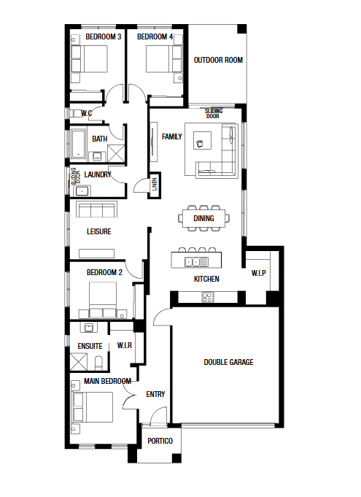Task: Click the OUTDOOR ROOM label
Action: [x=218, y=60]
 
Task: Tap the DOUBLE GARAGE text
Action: [x=229, y=362]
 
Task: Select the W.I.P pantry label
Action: [x=258, y=273]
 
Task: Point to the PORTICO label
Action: [x=160, y=441]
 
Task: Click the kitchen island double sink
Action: [x=196, y=262]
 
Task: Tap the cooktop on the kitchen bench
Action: [x=208, y=297]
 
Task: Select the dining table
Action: [x=203, y=218]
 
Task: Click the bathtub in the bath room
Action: [x=78, y=144]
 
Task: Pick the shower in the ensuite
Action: [x=78, y=362]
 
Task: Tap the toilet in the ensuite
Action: [x=99, y=363]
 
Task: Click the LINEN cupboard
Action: [x=154, y=185]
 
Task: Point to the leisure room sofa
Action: [x=96, y=209]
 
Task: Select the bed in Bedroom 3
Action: [x=89, y=59]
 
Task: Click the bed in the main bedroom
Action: [x=93, y=407]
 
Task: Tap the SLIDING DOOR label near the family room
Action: [x=214, y=113]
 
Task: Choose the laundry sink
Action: [x=82, y=191]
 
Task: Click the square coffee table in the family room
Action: [x=202, y=140]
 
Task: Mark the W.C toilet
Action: [x=75, y=114]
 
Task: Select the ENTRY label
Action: [x=155, y=394]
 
